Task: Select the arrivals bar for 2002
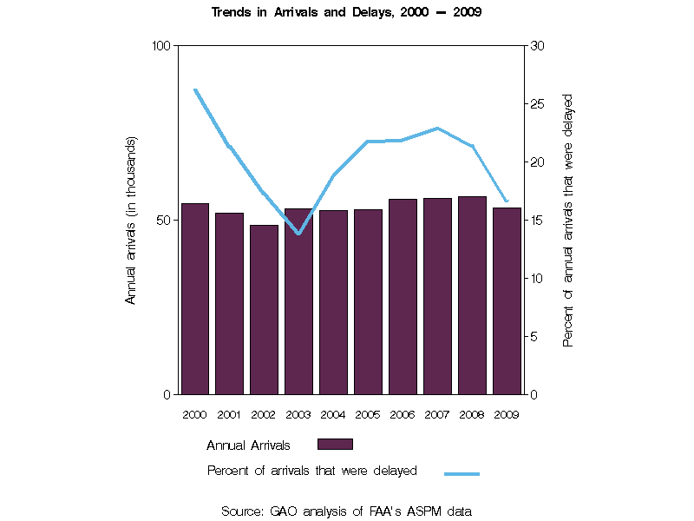click(264, 309)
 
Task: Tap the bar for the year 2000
click(194, 299)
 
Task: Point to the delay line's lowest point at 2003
click(298, 234)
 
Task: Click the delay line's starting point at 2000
click(195, 89)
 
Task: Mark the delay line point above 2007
click(438, 129)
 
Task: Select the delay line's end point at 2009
click(507, 201)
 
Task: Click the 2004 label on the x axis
click(333, 414)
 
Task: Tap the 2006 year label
click(403, 414)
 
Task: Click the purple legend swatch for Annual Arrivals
click(335, 445)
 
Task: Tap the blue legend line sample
click(462, 474)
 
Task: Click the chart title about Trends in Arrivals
click(347, 13)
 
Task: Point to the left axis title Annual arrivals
click(132, 220)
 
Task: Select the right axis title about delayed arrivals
click(568, 220)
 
